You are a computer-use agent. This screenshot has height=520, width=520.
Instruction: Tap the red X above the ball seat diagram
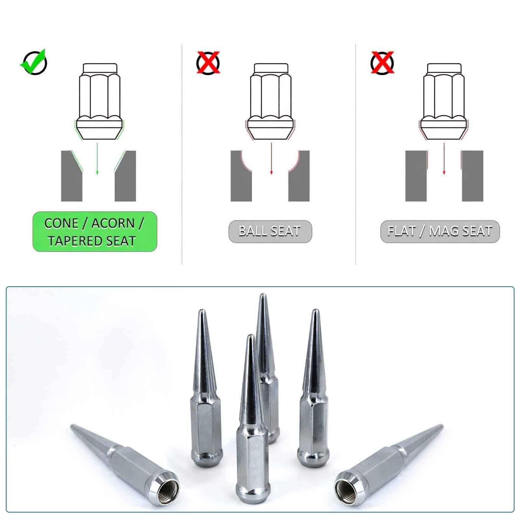(208, 62)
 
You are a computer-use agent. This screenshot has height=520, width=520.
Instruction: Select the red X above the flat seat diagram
(382, 62)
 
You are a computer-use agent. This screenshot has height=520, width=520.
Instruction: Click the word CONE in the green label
(61, 224)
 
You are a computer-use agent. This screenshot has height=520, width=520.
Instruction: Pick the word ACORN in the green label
(113, 224)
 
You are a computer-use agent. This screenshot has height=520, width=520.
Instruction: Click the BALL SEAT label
(270, 231)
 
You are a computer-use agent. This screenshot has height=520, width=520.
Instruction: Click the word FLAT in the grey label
(402, 231)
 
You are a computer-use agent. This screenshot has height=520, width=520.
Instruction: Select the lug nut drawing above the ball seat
(271, 101)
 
